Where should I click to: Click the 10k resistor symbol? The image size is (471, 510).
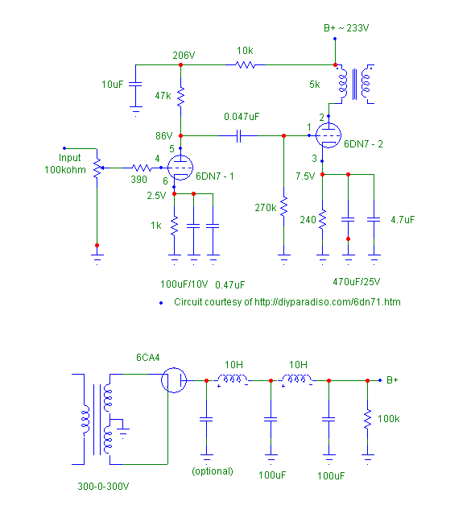click(246, 65)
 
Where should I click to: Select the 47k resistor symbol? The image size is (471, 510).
click(180, 97)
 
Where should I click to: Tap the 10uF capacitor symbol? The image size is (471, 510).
click(135, 85)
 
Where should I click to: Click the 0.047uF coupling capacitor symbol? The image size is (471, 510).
click(238, 135)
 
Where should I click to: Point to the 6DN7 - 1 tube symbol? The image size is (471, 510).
click(180, 168)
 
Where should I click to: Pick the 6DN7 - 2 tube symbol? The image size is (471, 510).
click(328, 135)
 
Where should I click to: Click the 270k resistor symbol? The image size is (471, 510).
click(283, 206)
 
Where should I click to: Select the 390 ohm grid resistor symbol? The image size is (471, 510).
click(142, 168)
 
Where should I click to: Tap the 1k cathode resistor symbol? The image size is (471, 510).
click(174, 226)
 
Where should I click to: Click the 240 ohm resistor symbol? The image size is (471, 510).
click(322, 219)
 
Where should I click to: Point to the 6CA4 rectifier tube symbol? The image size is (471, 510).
click(174, 380)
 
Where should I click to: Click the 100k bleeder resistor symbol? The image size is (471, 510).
click(367, 419)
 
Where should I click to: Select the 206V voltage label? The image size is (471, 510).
click(184, 56)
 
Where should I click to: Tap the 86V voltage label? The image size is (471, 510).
click(163, 135)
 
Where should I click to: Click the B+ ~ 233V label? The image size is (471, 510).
click(346, 28)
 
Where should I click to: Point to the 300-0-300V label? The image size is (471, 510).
click(103, 487)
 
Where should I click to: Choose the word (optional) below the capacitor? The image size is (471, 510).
click(213, 471)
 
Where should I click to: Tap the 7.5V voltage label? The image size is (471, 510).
click(305, 176)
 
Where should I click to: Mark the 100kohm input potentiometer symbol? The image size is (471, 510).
click(97, 168)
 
